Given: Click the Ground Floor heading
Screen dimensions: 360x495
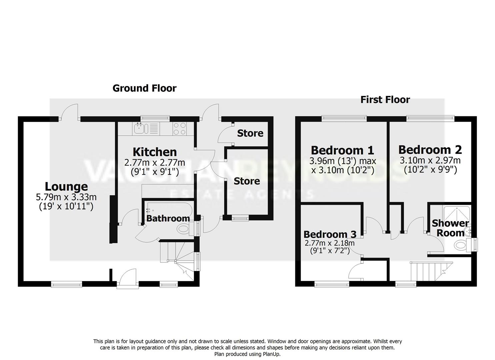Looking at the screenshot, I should [144, 88].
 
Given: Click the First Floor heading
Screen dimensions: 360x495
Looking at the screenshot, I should [385, 100].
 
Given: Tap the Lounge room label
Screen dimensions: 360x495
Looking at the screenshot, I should [66, 186].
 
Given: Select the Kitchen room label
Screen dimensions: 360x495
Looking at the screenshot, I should [155, 152].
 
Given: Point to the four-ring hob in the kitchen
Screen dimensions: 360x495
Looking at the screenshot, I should [180, 129].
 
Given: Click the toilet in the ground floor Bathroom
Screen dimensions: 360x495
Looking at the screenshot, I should [183, 229].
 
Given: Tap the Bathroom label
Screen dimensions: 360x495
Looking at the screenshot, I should [168, 218].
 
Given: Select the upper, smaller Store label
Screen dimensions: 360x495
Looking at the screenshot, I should [250, 133].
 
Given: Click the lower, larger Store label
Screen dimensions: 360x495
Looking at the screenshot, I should [247, 181].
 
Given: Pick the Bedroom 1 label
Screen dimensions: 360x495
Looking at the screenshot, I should [342, 150].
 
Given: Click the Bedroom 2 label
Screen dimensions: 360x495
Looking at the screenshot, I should [430, 150].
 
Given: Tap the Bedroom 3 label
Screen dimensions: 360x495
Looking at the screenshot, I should [330, 234].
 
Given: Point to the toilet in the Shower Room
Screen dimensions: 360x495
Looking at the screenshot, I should [462, 245].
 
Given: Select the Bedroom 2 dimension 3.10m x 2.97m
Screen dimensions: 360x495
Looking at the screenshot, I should [430, 161].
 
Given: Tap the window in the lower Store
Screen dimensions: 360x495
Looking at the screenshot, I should [240, 218].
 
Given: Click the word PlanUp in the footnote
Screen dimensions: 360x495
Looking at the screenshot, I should [271, 354].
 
